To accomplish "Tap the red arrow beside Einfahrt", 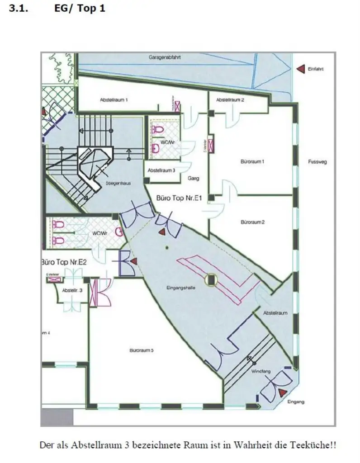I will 299,69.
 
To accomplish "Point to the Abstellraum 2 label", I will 230,99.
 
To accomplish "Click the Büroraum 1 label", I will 252,161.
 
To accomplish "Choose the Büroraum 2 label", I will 252,222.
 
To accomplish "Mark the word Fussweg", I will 317,161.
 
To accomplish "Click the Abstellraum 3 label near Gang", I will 161,170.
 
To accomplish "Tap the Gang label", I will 194,178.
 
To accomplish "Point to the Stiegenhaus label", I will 118,183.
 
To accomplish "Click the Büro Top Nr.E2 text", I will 64,262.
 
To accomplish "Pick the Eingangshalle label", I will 181,288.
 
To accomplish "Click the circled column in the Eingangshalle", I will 211,280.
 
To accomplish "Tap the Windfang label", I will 261,371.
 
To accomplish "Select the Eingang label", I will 296,402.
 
